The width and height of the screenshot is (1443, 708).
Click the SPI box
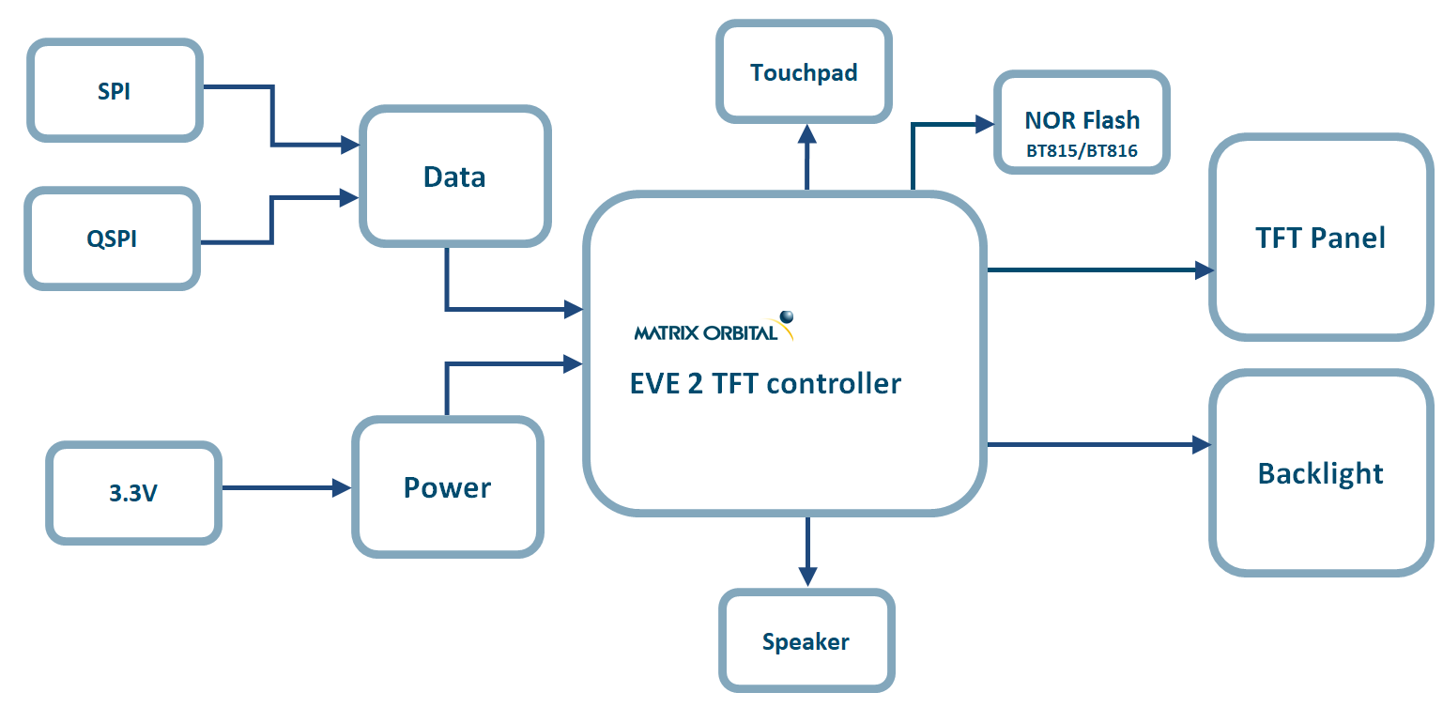click(x=115, y=91)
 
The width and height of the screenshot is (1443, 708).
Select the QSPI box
click(x=112, y=239)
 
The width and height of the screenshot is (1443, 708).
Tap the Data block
click(x=454, y=177)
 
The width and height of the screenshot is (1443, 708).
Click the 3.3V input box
click(x=133, y=492)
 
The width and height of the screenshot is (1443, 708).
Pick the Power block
click(x=447, y=487)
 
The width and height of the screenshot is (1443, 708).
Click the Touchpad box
click(x=804, y=72)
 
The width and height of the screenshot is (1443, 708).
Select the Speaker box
click(x=806, y=642)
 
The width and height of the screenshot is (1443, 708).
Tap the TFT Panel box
click(x=1320, y=238)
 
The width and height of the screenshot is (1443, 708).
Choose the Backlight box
click(x=1320, y=473)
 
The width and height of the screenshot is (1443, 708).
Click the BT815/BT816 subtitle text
click(x=1082, y=149)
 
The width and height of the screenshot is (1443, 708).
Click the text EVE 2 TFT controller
click(x=765, y=383)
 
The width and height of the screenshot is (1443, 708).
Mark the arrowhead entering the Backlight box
click(x=1201, y=444)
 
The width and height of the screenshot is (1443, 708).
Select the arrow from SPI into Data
click(x=272, y=117)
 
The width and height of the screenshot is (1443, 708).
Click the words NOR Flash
click(x=1082, y=120)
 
